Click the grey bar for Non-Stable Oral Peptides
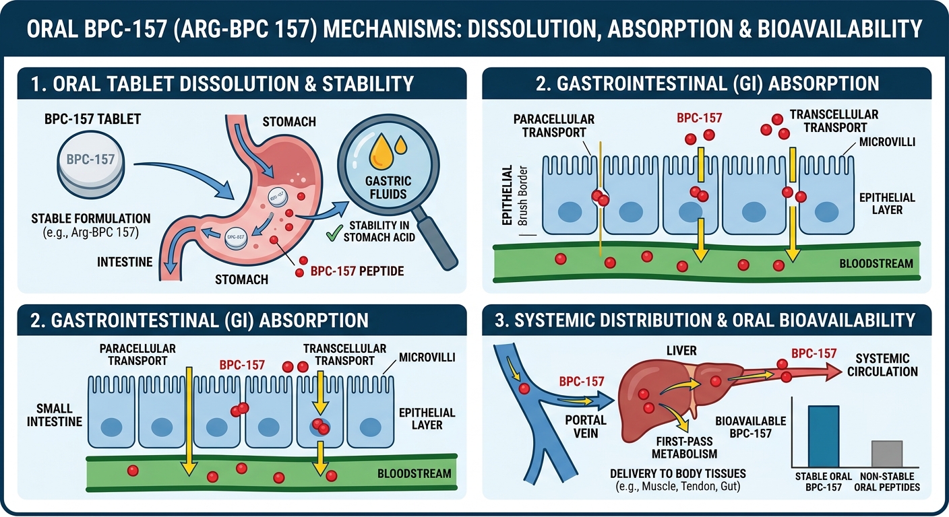tap(886, 454)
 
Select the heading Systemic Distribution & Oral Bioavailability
tap(714, 320)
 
